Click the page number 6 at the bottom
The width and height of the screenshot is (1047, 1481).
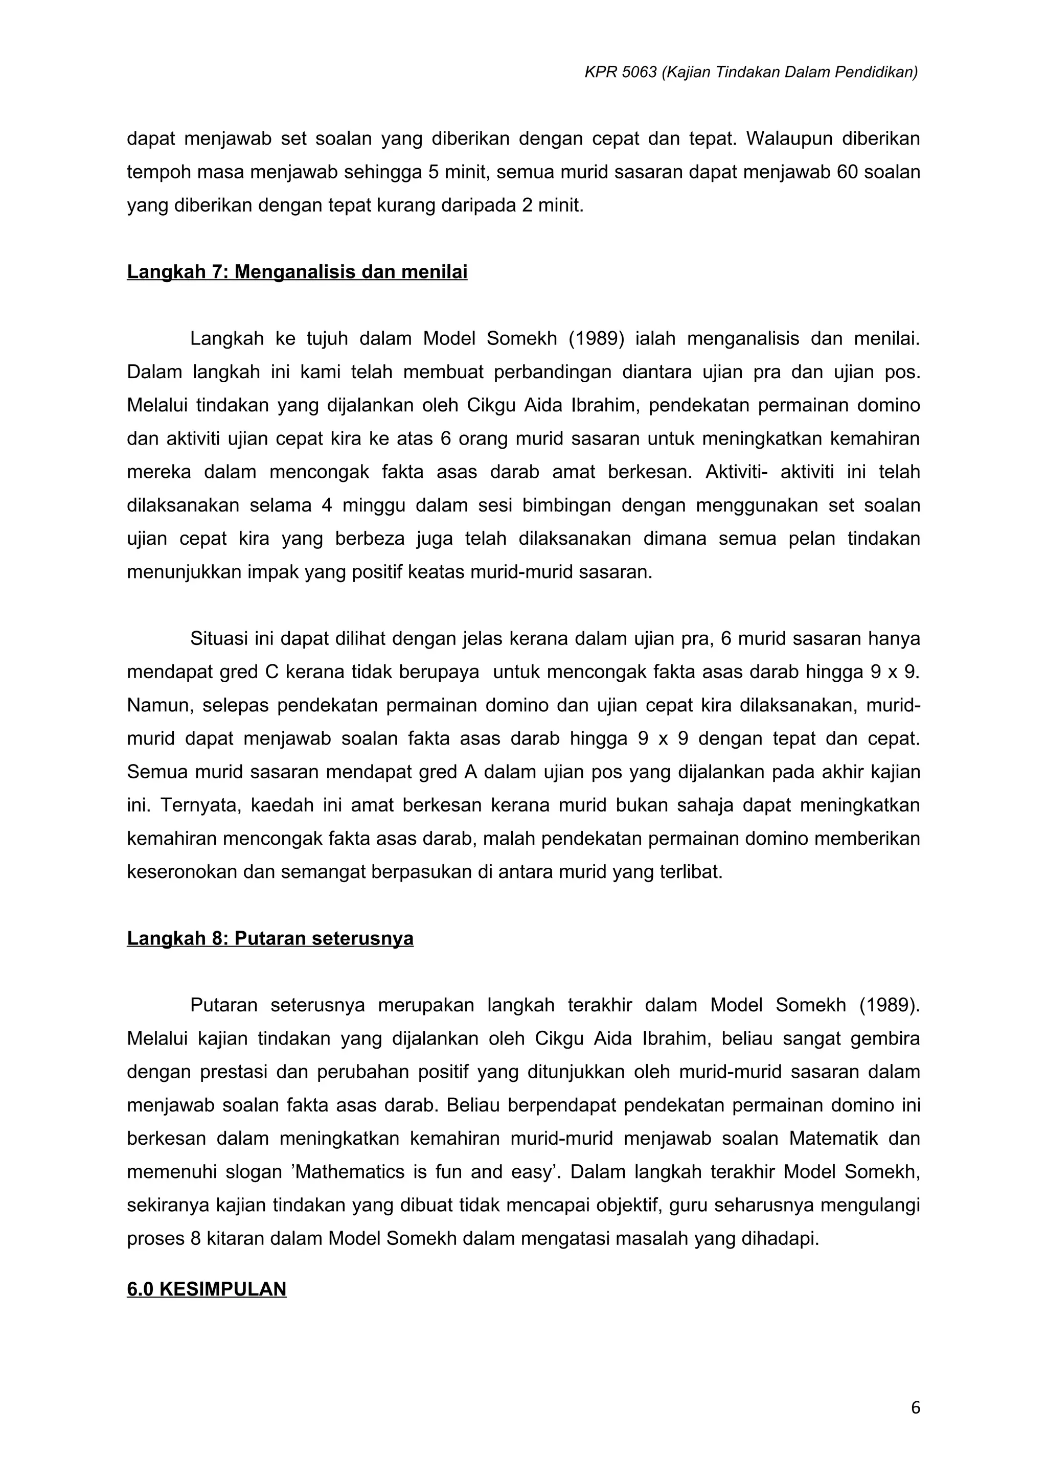click(x=916, y=1408)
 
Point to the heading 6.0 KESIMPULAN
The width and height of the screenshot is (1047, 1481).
click(x=207, y=1289)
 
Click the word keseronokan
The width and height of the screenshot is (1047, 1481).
click(x=183, y=872)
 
